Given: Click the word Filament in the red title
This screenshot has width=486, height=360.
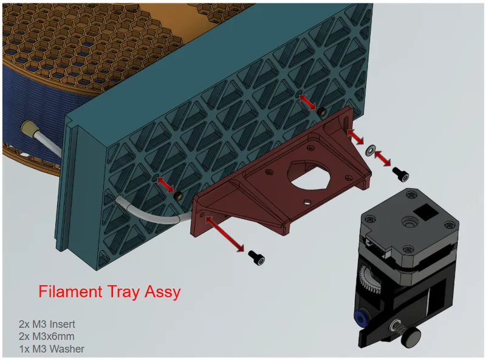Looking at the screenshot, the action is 70,291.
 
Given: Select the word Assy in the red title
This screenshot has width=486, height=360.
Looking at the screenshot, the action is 162,293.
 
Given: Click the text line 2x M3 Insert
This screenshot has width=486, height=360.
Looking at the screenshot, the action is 47,324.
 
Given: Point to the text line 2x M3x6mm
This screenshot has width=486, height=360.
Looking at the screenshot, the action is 47,336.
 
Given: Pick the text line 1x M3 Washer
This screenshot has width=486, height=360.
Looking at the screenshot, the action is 52,349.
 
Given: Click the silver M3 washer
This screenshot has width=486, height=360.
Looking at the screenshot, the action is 370,149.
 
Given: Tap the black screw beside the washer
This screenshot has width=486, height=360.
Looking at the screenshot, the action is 400,174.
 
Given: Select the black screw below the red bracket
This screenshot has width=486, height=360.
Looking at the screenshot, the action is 256,258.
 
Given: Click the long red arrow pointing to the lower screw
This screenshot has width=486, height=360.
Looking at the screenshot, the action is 225,234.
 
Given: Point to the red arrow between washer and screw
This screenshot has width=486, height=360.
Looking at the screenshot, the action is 383,158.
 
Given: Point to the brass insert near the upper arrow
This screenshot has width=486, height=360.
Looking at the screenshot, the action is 321,110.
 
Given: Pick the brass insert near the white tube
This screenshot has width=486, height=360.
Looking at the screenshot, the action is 178,195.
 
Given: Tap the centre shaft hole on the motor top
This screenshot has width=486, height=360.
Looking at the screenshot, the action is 409,222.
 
